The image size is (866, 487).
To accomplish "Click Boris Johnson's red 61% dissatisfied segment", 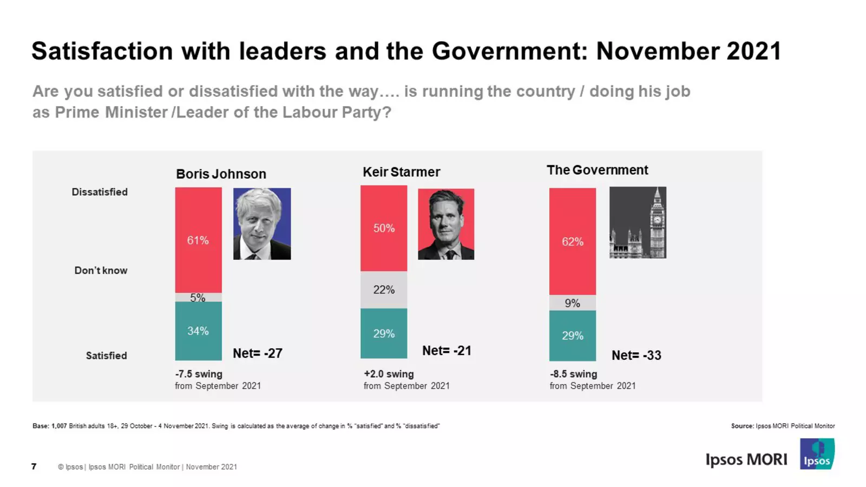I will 198,240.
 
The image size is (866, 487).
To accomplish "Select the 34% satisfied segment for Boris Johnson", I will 198,331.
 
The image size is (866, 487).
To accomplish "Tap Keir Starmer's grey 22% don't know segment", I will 384,289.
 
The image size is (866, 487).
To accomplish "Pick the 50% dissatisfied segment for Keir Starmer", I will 384,228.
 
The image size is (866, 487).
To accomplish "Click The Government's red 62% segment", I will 572,241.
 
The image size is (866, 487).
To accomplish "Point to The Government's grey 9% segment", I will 572,303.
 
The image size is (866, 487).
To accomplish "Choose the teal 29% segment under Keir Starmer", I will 384,333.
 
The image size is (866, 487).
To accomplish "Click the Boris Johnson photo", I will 262,223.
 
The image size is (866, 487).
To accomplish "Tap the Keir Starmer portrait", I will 446,223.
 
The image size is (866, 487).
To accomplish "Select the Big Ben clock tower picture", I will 638,222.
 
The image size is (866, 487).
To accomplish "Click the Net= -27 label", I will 258,353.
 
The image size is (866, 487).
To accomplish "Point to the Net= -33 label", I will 637,356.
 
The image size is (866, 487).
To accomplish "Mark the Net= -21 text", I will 447,351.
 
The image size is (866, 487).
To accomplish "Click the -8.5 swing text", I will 574,374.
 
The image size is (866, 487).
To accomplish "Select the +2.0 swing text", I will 389,374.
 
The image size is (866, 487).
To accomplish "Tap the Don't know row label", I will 101,271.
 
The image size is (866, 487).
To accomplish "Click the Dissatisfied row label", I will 100,192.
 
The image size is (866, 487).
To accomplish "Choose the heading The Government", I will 597,170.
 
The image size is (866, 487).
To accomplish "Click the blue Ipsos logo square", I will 817,453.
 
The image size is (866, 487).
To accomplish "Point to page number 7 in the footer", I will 34,466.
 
